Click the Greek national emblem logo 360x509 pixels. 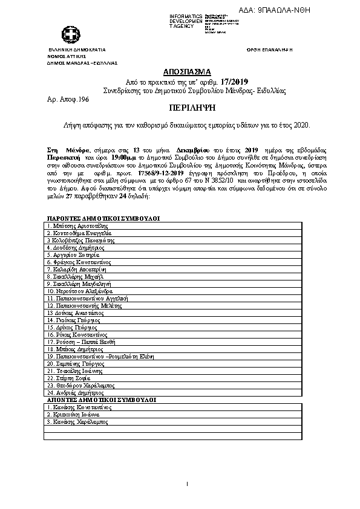pos(66,34)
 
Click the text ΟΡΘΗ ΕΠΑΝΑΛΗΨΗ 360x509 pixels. pos(270,50)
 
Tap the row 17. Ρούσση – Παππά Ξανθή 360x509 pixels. pos(80,342)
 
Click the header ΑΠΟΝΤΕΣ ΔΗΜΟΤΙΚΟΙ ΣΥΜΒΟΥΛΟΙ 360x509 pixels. pos(101,400)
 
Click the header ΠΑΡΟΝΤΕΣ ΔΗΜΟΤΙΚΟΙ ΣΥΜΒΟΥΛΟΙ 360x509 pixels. pos(103,218)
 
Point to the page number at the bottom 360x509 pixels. pos(187,483)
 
